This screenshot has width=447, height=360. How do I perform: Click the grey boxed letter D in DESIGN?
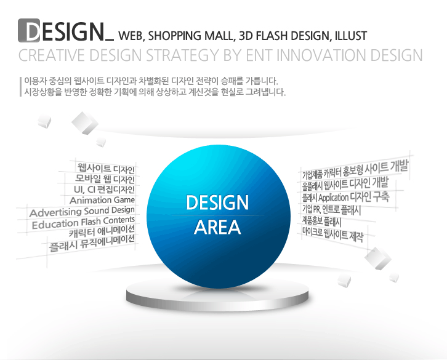(29, 31)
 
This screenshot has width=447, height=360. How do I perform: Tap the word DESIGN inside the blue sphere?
(217, 202)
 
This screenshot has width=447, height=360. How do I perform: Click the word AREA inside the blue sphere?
(217, 227)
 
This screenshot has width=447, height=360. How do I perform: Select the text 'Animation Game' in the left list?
(102, 200)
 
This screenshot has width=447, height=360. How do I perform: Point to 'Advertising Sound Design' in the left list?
(82, 212)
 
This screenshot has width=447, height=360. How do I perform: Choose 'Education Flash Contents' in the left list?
(83, 222)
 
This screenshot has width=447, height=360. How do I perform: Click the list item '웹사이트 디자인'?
(106, 169)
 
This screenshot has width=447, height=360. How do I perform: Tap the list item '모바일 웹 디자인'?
(105, 179)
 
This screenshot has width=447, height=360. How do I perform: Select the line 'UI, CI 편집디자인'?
(104, 190)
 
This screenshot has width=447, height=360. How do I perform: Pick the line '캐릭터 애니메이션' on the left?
(102, 231)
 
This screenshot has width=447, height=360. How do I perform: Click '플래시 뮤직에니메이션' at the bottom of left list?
(92, 243)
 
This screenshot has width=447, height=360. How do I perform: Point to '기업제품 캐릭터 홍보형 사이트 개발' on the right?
(355, 170)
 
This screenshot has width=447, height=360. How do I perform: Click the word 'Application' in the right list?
(333, 198)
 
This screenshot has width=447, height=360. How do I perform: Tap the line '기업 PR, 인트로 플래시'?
(331, 210)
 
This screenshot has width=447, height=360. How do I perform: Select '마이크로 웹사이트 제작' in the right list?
(332, 234)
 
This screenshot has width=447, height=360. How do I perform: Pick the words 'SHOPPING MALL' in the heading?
(190, 36)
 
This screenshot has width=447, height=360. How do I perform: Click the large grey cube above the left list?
(85, 123)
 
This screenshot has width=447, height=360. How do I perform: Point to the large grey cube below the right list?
(377, 258)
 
